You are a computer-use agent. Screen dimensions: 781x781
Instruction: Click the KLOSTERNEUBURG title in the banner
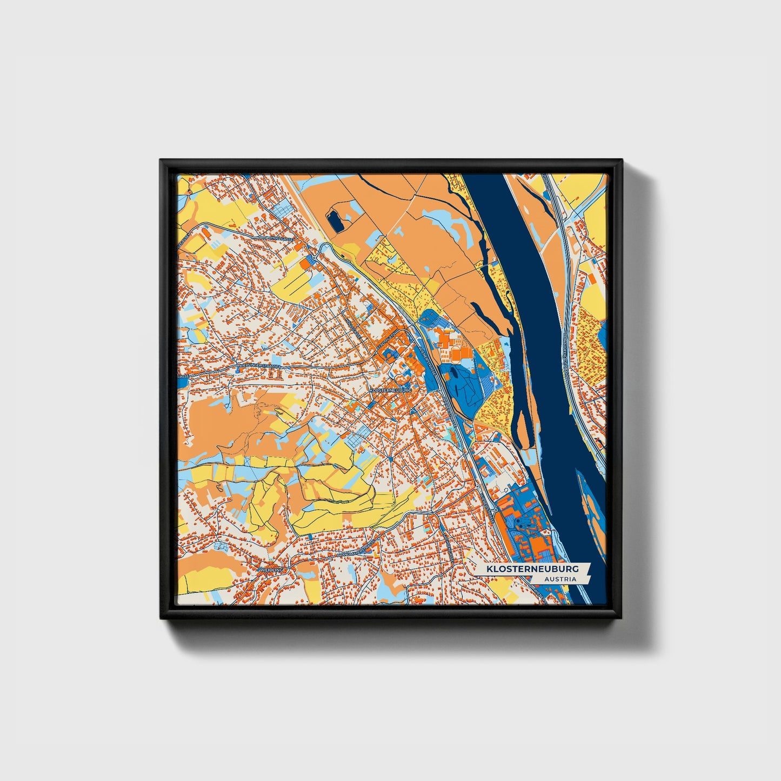pyautogui.click(x=532, y=569)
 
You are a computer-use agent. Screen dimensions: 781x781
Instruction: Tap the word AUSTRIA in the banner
pyautogui.click(x=560, y=579)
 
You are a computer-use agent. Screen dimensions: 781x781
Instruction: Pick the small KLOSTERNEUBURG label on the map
pyautogui.click(x=390, y=389)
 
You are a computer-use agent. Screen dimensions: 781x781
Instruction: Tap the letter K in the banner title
pyautogui.click(x=489, y=569)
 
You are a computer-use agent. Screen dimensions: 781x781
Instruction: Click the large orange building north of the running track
pyautogui.click(x=446, y=340)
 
